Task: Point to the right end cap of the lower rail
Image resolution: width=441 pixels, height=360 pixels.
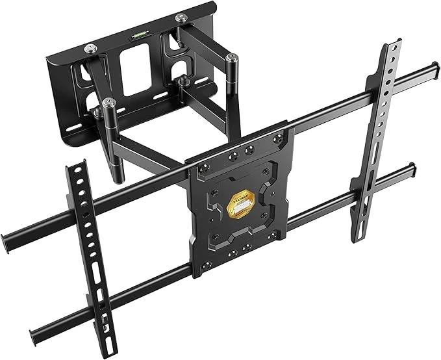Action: (409, 170)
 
